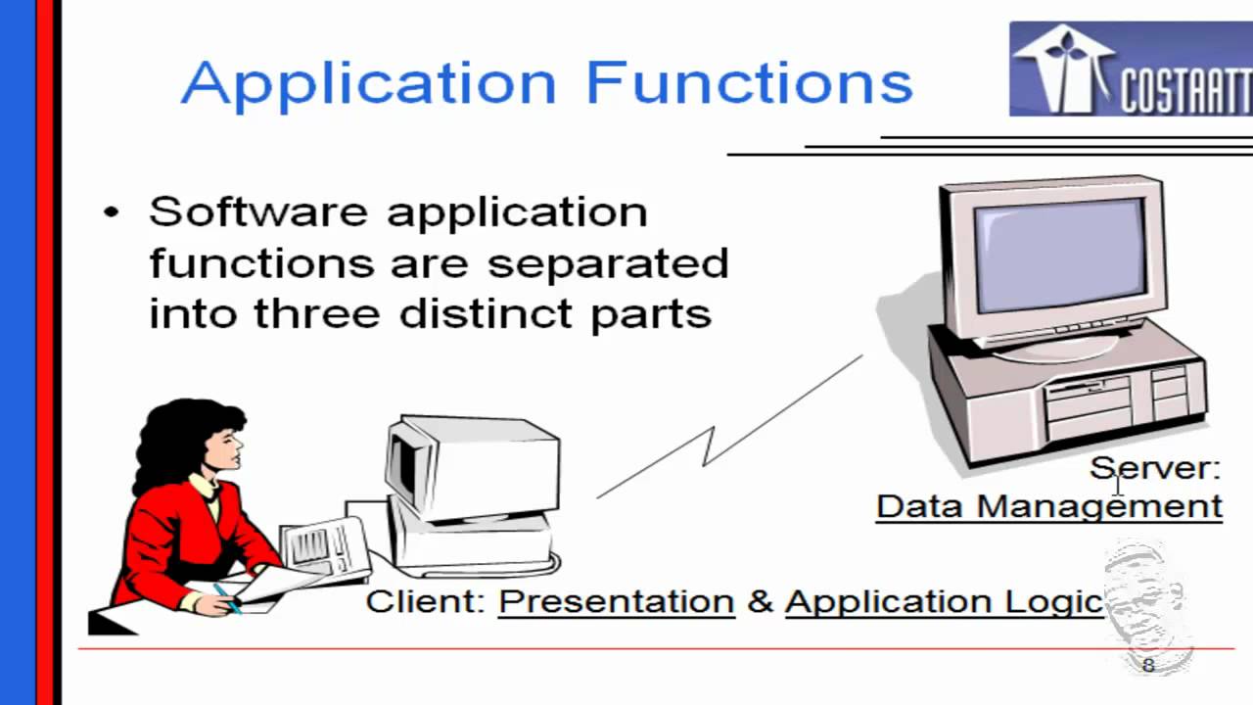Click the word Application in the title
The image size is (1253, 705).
point(368,84)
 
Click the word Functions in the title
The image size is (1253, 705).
point(749,82)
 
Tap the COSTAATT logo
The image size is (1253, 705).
point(1130,70)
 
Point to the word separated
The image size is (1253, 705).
point(608,262)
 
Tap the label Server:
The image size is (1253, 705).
point(1155,468)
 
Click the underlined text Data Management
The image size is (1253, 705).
point(1048,506)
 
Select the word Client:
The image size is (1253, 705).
point(426,601)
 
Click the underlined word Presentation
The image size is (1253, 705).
point(616,601)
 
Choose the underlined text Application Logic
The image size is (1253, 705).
point(944,601)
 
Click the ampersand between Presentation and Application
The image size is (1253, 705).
point(760,601)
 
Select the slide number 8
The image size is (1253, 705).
point(1148,666)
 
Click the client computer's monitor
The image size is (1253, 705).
point(470,465)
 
